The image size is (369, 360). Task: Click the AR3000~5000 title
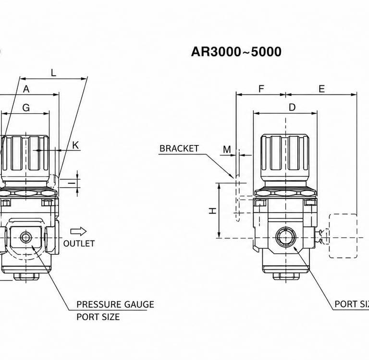[236, 52]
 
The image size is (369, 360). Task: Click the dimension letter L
[54, 73]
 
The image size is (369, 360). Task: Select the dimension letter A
[26, 89]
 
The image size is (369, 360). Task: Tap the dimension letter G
[26, 108]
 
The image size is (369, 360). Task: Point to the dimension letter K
[75, 145]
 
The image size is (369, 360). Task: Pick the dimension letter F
[261, 89]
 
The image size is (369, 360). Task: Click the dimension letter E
[322, 89]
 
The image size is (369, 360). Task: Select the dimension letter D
[292, 107]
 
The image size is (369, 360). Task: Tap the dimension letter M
[227, 149]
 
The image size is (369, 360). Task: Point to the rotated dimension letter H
[213, 211]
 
